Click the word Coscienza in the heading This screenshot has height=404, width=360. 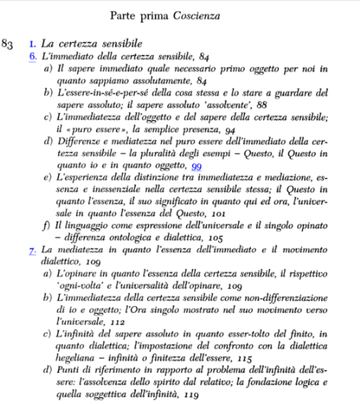(221, 15)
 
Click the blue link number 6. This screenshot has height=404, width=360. (33, 56)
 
